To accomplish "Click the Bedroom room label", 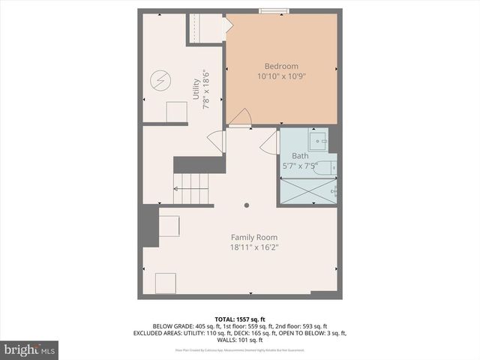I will (281, 65).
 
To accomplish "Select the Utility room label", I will (196, 90).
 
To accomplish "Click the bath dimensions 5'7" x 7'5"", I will (300, 166).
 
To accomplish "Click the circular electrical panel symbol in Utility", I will (161, 79).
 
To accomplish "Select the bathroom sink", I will (319, 139).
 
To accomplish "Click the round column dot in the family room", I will (247, 204).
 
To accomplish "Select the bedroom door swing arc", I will (240, 118).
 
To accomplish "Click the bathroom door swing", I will (269, 142).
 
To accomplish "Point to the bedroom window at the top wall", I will (271, 10).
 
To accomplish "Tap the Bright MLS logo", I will (30, 350).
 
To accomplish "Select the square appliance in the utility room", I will (177, 112).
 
